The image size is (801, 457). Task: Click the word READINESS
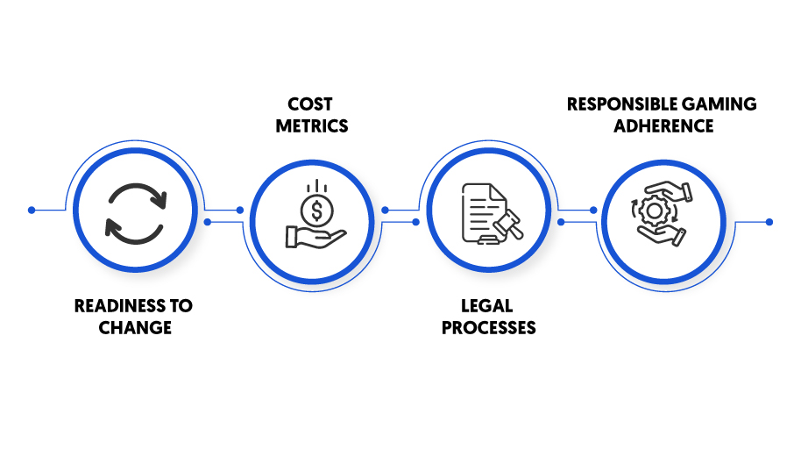(x=121, y=305)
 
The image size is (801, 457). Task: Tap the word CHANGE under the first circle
(x=135, y=328)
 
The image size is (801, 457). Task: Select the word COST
(x=310, y=104)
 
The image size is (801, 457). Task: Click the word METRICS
(x=312, y=125)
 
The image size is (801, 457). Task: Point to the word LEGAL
(x=487, y=305)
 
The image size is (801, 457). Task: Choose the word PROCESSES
(x=489, y=328)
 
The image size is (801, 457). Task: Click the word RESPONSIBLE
(x=619, y=104)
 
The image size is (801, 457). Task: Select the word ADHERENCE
(x=663, y=125)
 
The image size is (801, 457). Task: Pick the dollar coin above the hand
(x=316, y=211)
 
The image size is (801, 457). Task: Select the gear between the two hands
(x=655, y=211)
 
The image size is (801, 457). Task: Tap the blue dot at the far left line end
(x=32, y=211)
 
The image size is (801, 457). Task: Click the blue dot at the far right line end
(x=769, y=222)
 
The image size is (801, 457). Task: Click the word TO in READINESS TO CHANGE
(x=181, y=305)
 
